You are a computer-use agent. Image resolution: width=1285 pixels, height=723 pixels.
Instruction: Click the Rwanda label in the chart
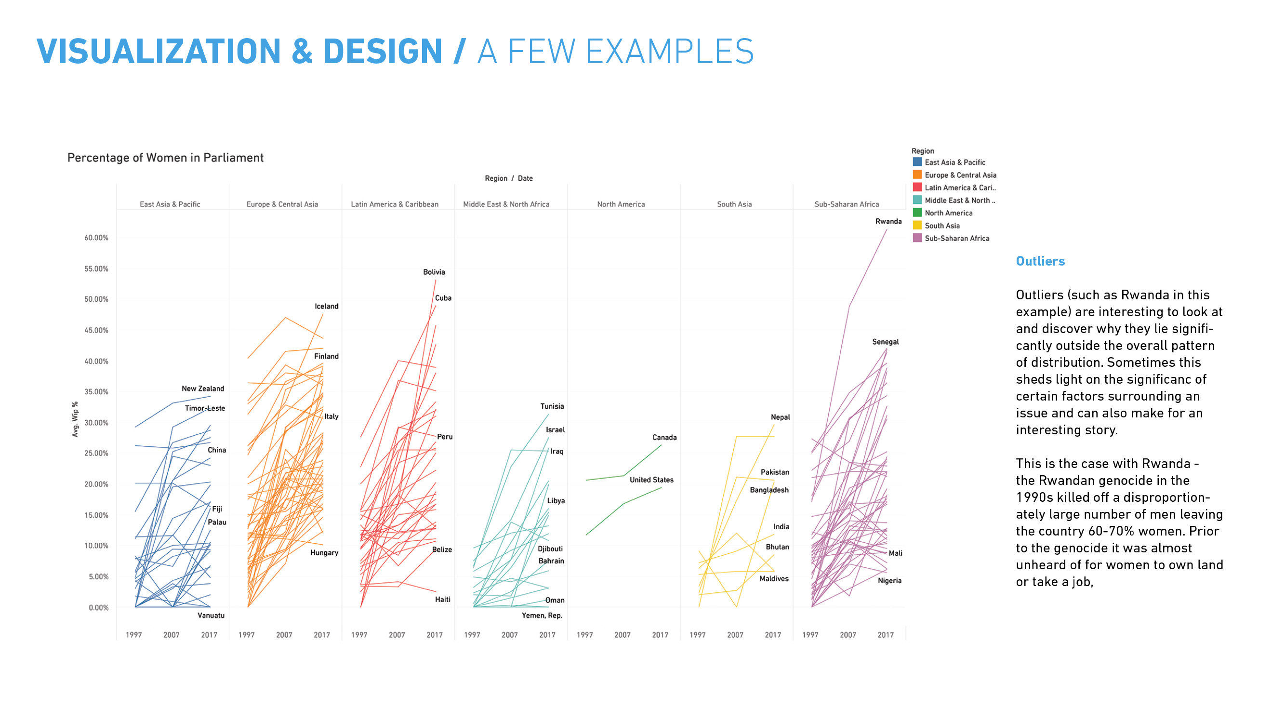[x=888, y=221]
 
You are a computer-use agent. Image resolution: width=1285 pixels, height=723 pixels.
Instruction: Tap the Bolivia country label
[x=434, y=272]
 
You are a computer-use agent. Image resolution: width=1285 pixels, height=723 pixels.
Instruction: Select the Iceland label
[x=326, y=306]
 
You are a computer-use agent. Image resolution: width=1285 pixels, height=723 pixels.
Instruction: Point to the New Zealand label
[x=202, y=388]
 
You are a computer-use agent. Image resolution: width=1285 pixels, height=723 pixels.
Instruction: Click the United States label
[x=651, y=480]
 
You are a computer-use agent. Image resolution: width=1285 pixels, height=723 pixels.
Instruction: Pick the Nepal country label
[x=780, y=417]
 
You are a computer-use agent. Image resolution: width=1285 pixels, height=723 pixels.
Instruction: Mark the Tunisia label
[x=552, y=406]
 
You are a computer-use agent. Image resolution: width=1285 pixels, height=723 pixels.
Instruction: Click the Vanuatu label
[x=211, y=615]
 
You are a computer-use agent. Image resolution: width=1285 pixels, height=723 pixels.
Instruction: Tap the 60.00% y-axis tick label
[x=96, y=238]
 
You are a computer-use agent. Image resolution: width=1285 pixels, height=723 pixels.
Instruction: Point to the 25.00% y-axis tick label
[x=96, y=453]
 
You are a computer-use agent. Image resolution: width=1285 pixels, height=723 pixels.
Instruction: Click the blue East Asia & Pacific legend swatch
[x=917, y=161]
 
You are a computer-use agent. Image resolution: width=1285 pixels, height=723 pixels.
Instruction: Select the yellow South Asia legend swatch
[x=917, y=225]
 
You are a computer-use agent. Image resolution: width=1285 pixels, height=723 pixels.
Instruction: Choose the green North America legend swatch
[x=917, y=213]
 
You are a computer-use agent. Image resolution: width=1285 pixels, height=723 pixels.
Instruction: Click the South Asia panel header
[x=734, y=204]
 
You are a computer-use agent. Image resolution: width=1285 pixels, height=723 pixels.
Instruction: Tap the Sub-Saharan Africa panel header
[x=846, y=204]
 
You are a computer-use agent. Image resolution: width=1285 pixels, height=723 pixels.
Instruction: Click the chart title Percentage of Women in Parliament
[x=165, y=158]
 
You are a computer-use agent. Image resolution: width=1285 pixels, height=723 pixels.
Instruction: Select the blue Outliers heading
[x=1040, y=261]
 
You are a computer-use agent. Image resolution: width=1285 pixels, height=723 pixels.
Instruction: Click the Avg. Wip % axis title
[x=75, y=419]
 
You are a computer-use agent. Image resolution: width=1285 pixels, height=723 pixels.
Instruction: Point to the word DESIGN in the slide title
[x=382, y=52]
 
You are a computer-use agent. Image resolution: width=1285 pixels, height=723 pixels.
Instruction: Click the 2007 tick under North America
[x=622, y=635]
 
